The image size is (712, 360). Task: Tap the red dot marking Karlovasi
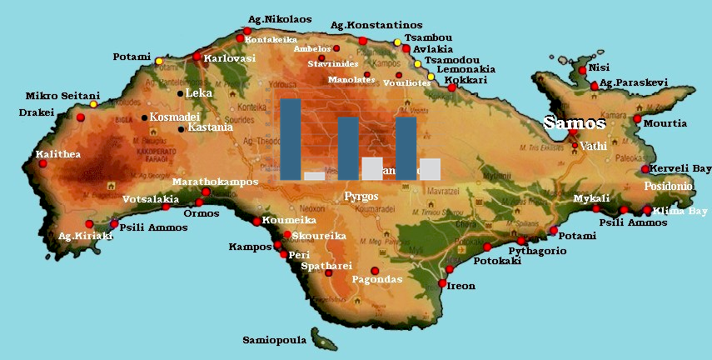pos(197,57)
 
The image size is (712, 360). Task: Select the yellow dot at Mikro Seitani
pos(93,104)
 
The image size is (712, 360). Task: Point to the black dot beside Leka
pos(180,93)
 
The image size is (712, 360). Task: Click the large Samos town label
pos(575,123)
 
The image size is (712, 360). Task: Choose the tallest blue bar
pos(291,139)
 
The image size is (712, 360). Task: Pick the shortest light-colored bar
pos(314,176)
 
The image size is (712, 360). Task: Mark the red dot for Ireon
pos(442,283)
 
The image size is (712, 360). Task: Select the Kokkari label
pos(468,80)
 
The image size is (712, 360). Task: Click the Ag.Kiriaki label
pos(84,236)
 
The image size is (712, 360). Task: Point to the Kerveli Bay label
pos(681,168)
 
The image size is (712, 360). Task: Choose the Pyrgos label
pos(361,197)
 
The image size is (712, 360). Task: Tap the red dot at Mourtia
pos(637,119)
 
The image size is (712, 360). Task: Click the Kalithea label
pos(56,154)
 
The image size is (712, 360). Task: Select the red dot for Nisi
pos(583,71)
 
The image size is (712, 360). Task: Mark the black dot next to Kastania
pos(182,128)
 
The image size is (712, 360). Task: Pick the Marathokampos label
pos(215,182)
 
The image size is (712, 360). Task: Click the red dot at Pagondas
pos(374,270)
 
